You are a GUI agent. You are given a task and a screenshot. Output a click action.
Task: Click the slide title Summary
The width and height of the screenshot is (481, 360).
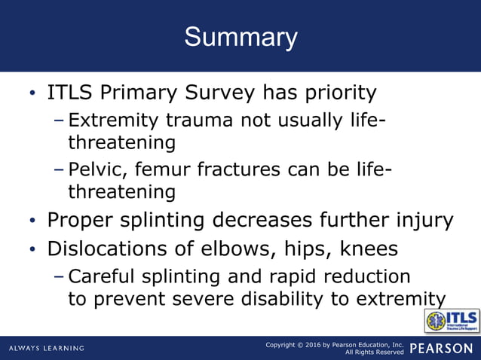point(240,37)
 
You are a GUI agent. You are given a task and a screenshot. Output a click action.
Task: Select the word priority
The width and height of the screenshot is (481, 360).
point(337,93)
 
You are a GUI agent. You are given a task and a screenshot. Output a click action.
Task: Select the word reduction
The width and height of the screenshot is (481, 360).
point(369,276)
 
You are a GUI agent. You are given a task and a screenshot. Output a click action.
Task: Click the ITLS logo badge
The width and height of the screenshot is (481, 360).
point(452,320)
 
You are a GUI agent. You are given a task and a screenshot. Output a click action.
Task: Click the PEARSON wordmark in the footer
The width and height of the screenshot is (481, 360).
point(444,348)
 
